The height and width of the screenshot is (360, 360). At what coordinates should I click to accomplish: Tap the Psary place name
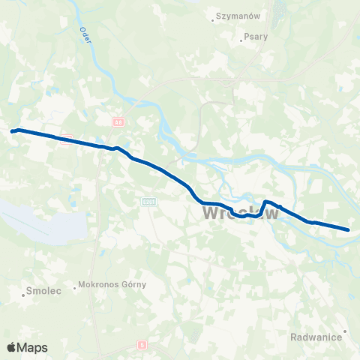256,35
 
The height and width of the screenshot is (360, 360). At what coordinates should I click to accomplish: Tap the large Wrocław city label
241,214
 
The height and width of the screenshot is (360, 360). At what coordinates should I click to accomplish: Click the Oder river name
84,35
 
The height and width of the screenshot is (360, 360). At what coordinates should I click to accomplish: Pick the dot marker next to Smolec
24,294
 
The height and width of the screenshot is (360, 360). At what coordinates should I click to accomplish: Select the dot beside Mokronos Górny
76,286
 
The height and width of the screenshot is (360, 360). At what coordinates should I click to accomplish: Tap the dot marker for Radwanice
345,330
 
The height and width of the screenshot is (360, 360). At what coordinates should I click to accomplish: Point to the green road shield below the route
148,201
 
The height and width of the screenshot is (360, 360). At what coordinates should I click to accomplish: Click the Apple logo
11,347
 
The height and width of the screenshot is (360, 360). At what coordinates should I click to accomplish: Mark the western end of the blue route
12,131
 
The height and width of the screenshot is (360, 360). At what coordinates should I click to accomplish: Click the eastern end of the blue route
349,229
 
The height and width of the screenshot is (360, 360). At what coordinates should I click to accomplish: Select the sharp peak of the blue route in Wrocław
265,201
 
